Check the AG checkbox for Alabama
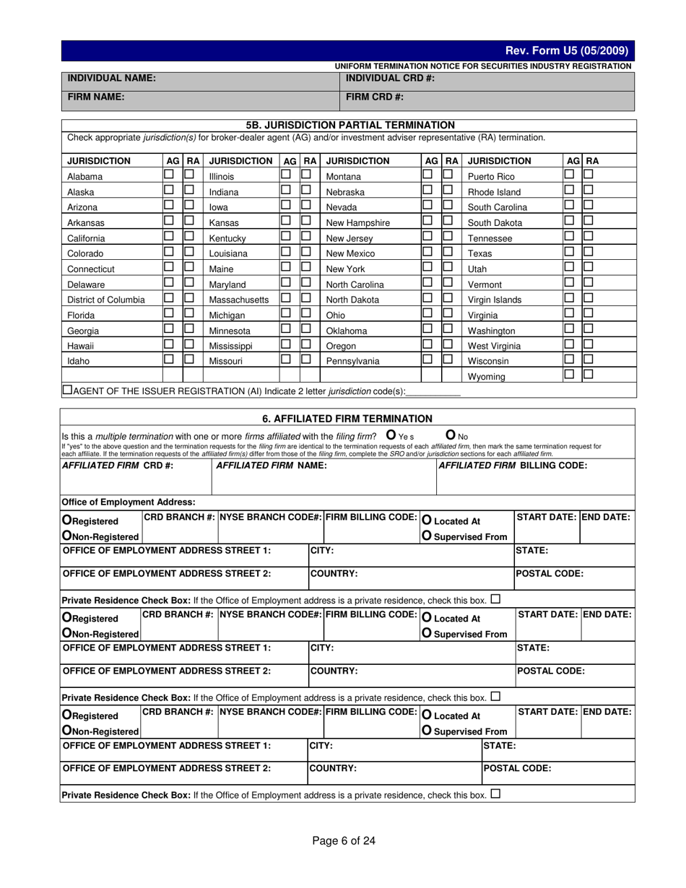169,175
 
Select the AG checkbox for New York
427,266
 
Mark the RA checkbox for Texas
588,251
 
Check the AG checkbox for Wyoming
569,374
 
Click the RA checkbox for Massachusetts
305,297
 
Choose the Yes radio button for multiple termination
391,435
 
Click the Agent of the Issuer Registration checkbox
67,390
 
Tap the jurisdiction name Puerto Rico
491,177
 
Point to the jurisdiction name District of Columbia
105,300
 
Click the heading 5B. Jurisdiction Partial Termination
350,125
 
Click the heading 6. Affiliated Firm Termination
347,418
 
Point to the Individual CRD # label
390,78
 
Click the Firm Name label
96,96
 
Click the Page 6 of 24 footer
344,840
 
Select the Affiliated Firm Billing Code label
513,466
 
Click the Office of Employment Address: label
128,502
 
